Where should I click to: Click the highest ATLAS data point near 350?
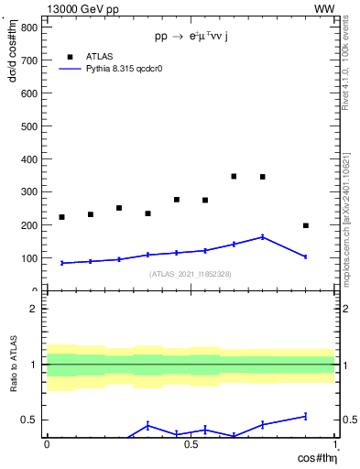[x=235, y=176]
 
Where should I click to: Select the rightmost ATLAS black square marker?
[x=306, y=225]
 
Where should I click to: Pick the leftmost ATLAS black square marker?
[x=62, y=217]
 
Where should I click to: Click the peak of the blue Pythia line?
[x=263, y=236]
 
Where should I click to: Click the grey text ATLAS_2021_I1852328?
[x=190, y=274]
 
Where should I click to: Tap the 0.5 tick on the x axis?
[x=191, y=445]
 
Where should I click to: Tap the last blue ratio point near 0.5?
[x=306, y=416]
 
